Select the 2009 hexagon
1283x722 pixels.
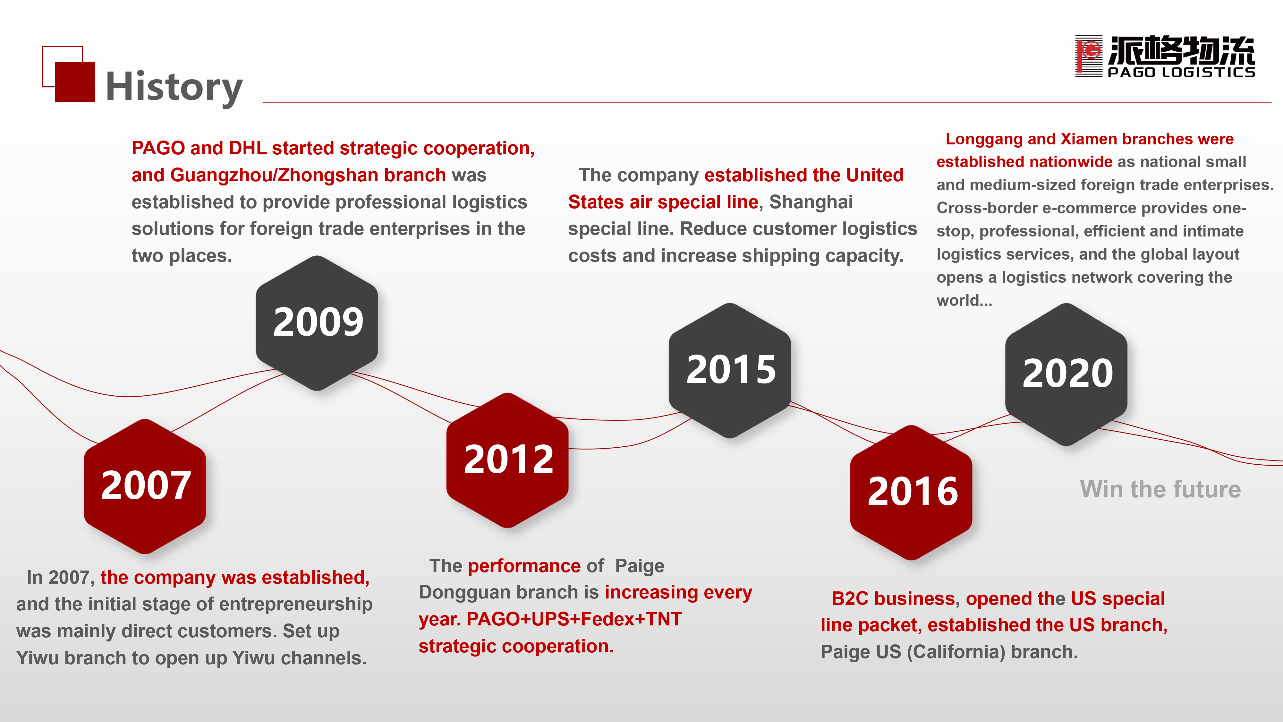(317, 323)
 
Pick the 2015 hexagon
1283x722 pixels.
(730, 370)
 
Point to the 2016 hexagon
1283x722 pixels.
(912, 492)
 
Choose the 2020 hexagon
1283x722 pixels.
(1066, 374)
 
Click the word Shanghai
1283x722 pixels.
(811, 202)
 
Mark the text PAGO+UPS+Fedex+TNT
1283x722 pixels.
(574, 619)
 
